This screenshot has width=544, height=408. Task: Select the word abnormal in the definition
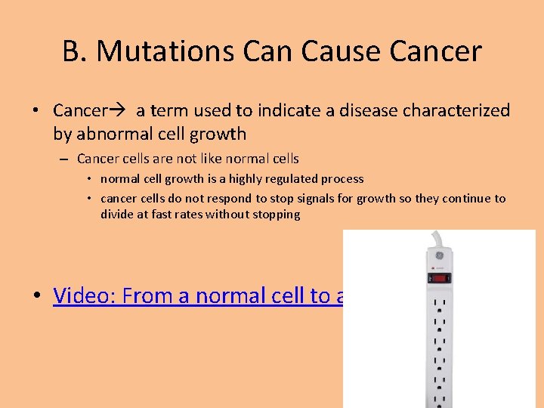click(x=111, y=134)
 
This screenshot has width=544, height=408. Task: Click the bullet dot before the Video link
click(x=37, y=296)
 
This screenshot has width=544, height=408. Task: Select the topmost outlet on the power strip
click(x=438, y=305)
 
